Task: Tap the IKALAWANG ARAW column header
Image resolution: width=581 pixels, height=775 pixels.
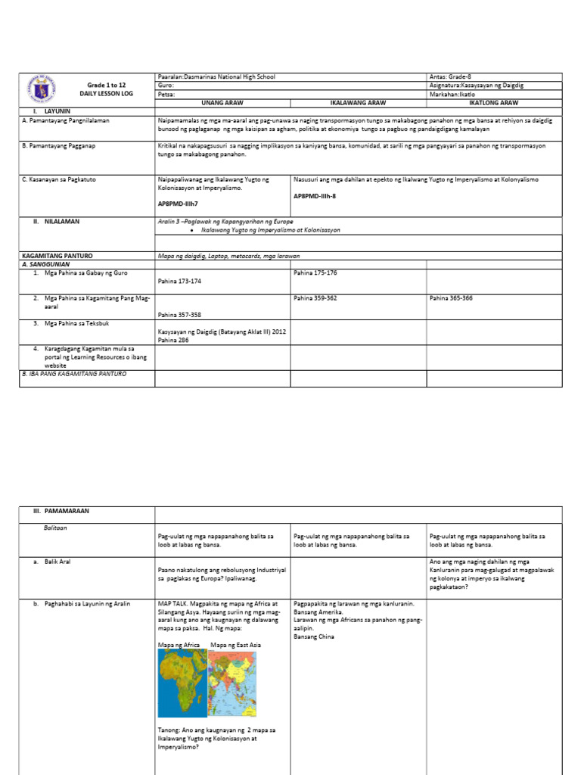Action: point(359,102)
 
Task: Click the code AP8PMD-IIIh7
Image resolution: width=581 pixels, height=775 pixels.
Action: point(179,204)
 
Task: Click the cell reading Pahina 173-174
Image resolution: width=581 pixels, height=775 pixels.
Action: point(180,280)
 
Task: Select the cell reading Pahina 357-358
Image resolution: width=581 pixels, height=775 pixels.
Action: point(180,314)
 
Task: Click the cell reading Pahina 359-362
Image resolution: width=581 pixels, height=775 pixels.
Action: point(316,298)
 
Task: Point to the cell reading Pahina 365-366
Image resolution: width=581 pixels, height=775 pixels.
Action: point(451,298)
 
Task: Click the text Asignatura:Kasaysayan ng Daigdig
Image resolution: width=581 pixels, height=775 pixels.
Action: point(477,86)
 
